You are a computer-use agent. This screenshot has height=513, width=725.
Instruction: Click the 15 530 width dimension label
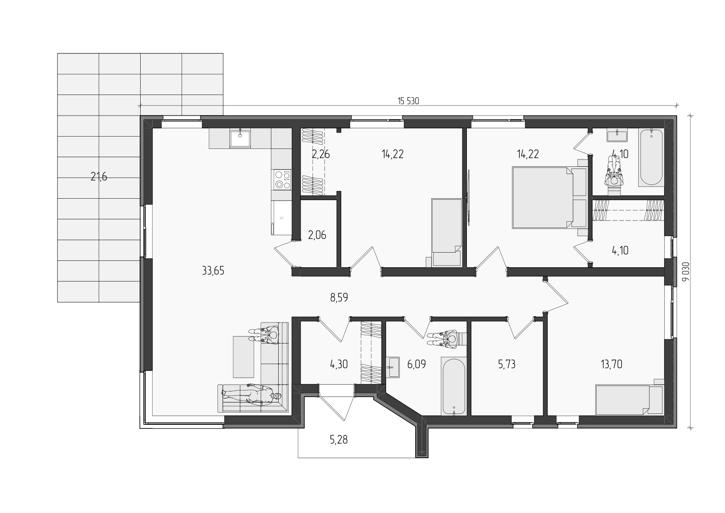tap(408, 101)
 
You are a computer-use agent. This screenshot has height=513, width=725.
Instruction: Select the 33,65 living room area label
tap(213, 270)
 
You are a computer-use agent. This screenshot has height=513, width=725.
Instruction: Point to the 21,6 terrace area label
tap(99, 177)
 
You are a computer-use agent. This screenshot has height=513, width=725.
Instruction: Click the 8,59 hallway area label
tap(339, 297)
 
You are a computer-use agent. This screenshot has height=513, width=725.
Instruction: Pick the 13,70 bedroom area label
tap(611, 365)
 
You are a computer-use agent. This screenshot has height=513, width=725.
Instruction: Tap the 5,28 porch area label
tap(339, 440)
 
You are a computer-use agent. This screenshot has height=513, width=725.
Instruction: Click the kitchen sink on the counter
tap(240, 139)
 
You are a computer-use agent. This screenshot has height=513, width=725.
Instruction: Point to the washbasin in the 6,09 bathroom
tap(393, 367)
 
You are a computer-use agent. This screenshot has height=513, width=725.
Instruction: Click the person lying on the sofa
tap(251, 396)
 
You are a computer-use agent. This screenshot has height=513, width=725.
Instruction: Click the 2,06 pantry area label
tap(317, 235)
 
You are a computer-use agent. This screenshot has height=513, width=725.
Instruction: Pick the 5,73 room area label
tap(507, 365)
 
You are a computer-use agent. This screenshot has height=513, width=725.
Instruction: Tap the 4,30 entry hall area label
tap(339, 365)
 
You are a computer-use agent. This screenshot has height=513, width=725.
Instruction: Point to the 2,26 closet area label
tap(321, 154)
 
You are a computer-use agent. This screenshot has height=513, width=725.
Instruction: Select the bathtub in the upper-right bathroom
tap(651, 157)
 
